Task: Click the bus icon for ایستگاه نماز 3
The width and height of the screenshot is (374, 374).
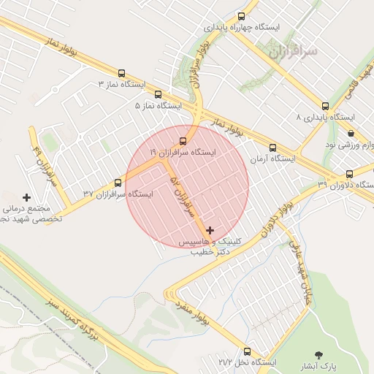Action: pos(121,73)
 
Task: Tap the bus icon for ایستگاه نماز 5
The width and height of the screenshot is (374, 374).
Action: pos(159,94)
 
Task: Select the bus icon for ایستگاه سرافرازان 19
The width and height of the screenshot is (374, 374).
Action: pos(183,141)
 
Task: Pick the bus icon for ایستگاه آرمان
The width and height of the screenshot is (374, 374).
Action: pos(272,148)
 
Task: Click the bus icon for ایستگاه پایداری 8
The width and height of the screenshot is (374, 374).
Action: pos(325,105)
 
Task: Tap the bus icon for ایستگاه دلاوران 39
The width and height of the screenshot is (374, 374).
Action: pos(349,175)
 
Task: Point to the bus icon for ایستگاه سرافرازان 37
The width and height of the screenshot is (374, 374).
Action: pos(118,183)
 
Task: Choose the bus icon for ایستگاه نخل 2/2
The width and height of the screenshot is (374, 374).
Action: pos(247,351)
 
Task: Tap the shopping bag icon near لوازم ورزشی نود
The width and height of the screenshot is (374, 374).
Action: pos(351,134)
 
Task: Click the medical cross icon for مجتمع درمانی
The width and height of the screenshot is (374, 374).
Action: pos(28,197)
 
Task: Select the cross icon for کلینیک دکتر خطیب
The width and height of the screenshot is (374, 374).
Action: pos(210,230)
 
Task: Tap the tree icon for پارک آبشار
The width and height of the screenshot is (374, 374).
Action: pos(318,354)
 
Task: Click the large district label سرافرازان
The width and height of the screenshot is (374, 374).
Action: pos(293,53)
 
